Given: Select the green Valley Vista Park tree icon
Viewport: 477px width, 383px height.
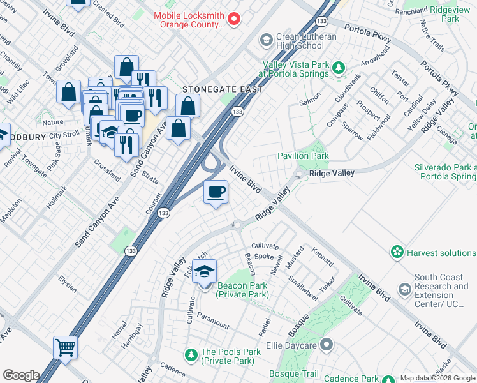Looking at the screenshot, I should pos(339,68).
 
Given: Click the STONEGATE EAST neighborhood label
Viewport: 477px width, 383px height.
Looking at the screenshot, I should pos(223,90).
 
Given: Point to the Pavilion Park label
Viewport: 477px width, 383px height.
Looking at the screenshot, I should pos(303,156).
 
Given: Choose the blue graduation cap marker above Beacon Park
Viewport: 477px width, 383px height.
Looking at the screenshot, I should pos(204,271).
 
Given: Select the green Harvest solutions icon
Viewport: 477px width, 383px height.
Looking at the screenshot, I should pos(398,253).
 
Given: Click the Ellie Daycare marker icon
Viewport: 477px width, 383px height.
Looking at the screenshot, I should pos(327,346).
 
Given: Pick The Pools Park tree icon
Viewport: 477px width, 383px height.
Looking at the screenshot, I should pos(191,354).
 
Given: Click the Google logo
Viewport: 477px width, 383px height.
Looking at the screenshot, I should pos(21,375).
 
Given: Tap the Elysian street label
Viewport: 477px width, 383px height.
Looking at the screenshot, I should pos(67,284).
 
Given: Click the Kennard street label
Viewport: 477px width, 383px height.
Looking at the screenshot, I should pos(322,257).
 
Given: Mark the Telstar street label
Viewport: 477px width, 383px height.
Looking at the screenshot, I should pos(400,79).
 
